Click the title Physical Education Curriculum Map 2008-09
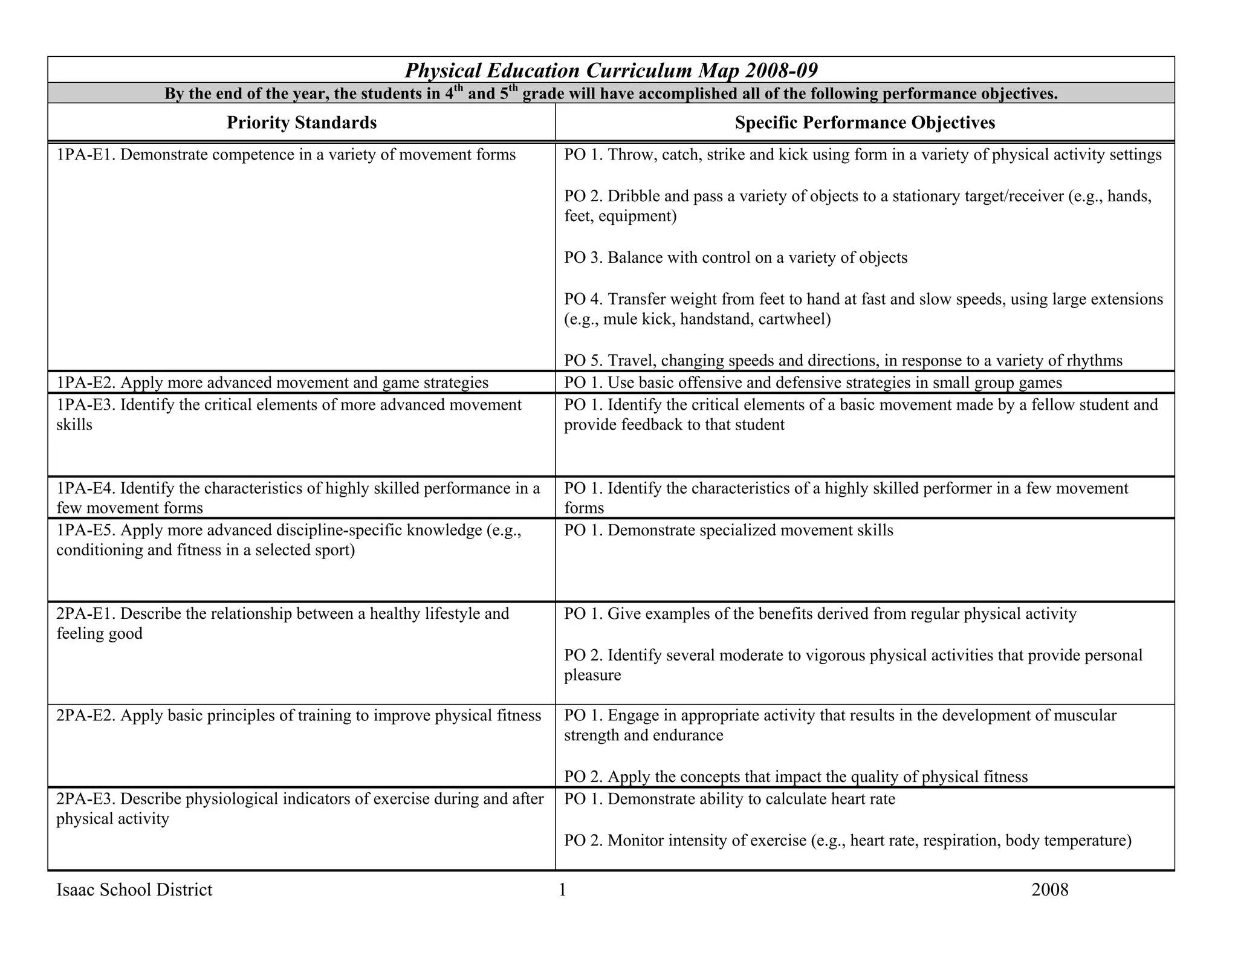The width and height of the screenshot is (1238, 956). (x=611, y=71)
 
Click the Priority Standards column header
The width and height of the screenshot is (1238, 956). (x=302, y=123)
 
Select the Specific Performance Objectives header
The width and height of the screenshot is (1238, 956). (x=864, y=123)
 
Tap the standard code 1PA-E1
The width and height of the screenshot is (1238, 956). (x=86, y=155)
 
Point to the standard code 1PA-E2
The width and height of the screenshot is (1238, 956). (x=86, y=383)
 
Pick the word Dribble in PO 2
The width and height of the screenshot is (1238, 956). (x=634, y=196)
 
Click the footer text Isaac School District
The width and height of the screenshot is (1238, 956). (x=134, y=890)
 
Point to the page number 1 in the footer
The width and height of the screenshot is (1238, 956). (x=562, y=890)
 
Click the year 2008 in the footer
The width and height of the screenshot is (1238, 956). (x=1049, y=890)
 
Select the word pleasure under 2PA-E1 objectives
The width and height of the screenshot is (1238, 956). (x=592, y=675)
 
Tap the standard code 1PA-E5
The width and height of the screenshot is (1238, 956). (x=86, y=530)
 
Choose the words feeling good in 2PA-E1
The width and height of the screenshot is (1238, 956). (x=99, y=634)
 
